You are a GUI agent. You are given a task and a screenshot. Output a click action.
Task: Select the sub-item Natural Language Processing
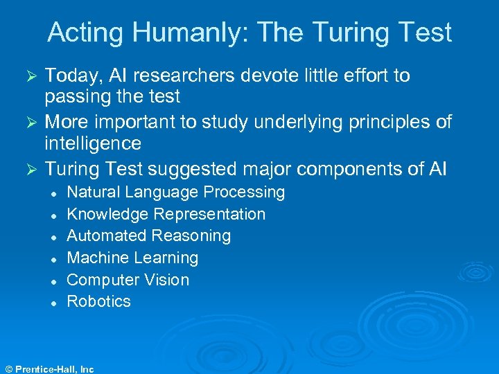tap(175, 192)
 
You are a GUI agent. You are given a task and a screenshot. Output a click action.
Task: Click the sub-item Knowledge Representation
tap(166, 214)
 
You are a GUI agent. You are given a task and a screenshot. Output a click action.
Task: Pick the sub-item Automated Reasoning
tap(148, 235)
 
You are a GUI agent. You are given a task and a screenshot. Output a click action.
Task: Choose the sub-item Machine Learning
tap(132, 258)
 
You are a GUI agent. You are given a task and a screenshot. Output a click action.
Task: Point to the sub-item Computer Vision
tap(128, 280)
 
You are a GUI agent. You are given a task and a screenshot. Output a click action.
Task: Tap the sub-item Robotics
tap(98, 301)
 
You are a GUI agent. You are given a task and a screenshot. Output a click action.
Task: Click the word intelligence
tap(93, 144)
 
